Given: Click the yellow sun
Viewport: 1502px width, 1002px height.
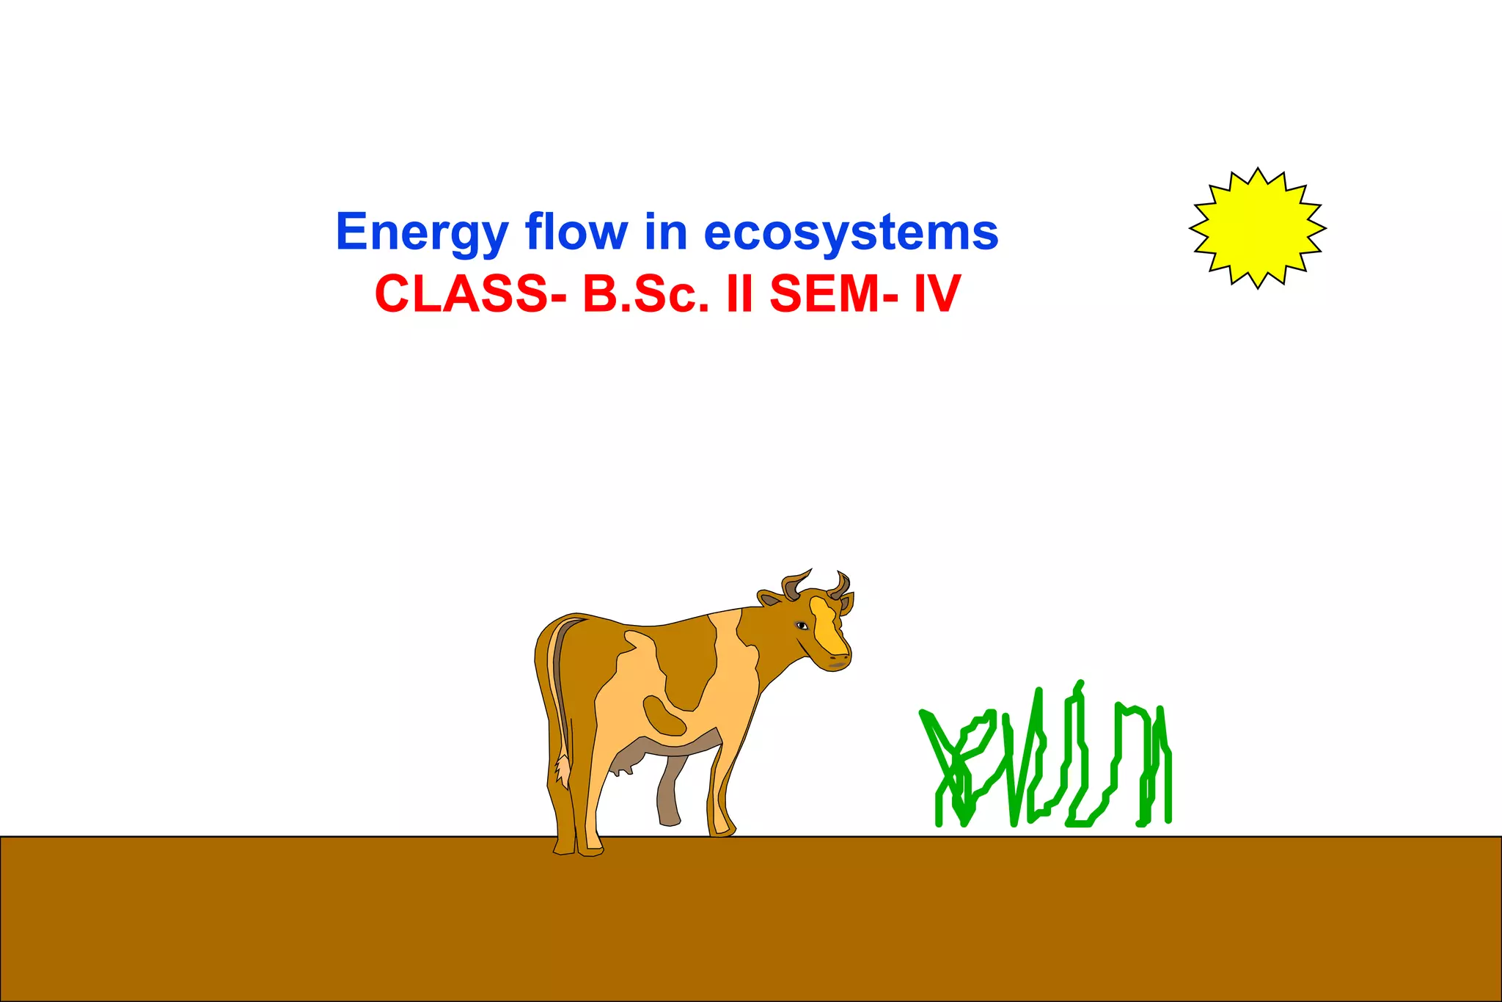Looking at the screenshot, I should (x=1257, y=228).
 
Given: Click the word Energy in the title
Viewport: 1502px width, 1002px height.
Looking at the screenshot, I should (x=422, y=233).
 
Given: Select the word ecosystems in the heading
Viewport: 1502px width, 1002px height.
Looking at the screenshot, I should (x=851, y=233).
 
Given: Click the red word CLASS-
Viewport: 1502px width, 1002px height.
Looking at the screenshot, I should (x=470, y=294).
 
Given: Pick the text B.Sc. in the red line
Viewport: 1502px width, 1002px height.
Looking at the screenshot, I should (x=645, y=294).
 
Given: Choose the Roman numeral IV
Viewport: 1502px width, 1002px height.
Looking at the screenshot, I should (x=937, y=294).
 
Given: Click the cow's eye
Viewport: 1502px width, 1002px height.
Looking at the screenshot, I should (x=802, y=626).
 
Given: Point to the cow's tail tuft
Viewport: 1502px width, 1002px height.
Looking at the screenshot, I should (x=563, y=770).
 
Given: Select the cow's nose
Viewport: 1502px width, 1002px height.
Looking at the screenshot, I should (x=840, y=662).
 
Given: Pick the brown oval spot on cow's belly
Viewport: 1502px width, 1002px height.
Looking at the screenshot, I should (x=664, y=715).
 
